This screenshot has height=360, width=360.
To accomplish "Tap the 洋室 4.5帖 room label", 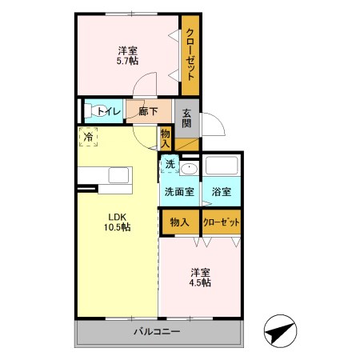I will [x=201, y=277].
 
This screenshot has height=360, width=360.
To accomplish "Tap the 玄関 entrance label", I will [x=186, y=118].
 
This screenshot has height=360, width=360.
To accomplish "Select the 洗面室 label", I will [x=180, y=192].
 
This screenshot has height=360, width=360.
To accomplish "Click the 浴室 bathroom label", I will [x=221, y=192].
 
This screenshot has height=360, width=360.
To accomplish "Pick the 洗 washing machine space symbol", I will [x=170, y=164].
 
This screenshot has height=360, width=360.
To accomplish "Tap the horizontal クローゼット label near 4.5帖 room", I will [x=222, y=222].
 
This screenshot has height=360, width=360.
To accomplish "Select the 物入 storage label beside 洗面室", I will [x=180, y=222].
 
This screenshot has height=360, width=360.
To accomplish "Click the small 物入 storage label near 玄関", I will [x=166, y=138].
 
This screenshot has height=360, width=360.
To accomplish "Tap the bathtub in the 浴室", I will [x=222, y=166].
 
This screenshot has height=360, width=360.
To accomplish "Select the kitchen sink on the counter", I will [x=118, y=175].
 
